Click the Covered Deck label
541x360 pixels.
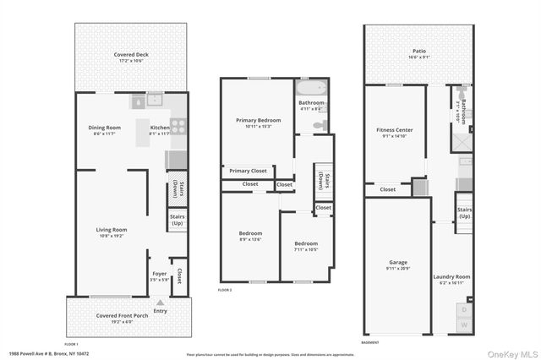click(132, 57)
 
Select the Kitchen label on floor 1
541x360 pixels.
click(161, 130)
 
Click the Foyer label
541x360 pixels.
click(159, 275)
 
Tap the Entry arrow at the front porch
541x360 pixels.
click(160, 303)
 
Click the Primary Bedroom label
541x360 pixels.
click(254, 123)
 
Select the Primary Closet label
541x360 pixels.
click(248, 171)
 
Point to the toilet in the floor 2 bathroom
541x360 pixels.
click(320, 125)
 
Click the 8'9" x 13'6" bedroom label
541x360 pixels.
click(249, 236)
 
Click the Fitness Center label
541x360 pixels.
click(393, 133)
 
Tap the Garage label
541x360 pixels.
click(397, 265)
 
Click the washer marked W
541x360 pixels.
click(463, 325)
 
